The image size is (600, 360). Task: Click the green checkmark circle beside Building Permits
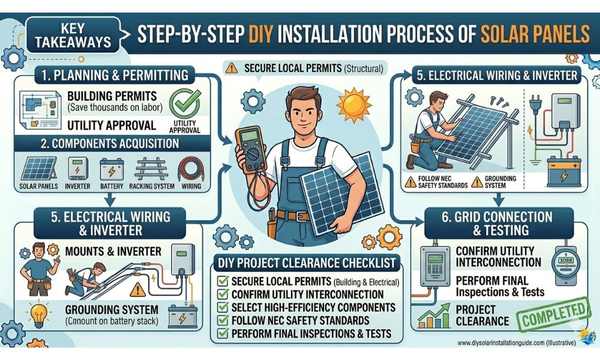point(184,103)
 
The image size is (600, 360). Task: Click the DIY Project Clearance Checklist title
point(306,263)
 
